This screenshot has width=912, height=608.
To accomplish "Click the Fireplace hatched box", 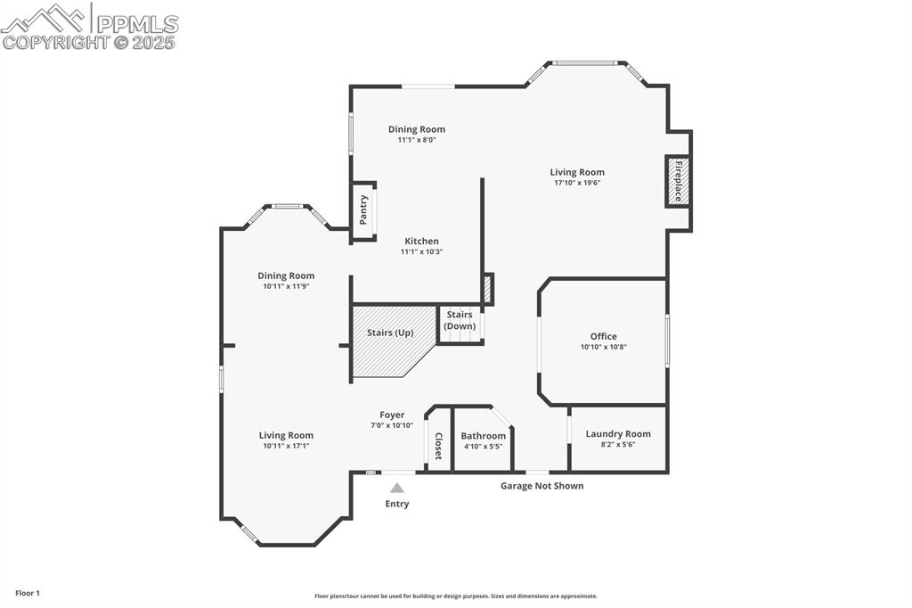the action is coord(678,181).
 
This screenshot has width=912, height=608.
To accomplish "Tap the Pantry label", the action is coord(363,210).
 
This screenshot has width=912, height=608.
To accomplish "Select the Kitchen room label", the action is coord(421,241).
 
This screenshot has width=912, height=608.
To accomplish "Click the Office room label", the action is coord(603,336).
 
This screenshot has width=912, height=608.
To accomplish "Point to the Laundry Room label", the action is coord(618,434).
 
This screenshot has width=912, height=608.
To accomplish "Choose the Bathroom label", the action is coord(483,436).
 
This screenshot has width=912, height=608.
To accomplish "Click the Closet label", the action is coord(438,446).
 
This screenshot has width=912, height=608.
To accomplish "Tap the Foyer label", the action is coord(392,415).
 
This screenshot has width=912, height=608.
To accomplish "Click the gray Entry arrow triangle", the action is coord(396,488).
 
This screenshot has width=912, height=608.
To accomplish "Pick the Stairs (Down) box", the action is coord(460,325).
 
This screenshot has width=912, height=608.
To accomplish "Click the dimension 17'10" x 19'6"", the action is coord(577,183).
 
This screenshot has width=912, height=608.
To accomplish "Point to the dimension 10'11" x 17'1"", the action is coord(286,446).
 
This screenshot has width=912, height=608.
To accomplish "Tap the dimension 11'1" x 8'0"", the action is coord(417,140).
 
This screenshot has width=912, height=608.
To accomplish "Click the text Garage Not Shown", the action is coord(542,486).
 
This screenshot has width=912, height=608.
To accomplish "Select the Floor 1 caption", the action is coord(28,594).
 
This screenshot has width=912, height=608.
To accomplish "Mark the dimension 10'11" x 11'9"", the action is coord(286,286).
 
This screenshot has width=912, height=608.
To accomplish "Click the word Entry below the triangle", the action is coord(396,504).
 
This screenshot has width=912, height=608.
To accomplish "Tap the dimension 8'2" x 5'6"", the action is coord(618,444).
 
